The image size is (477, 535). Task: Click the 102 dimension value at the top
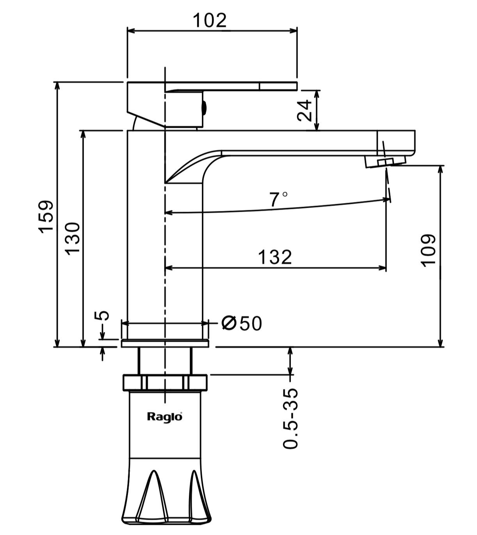(210, 20)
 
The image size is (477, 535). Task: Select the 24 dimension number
(304, 110)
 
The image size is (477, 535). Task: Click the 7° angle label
(278, 200)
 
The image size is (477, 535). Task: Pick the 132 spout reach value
(275, 257)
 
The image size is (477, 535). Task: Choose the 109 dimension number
(428, 250)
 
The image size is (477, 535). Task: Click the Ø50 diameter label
(241, 323)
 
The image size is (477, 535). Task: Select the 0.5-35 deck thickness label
(291, 418)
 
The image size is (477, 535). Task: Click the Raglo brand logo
(164, 417)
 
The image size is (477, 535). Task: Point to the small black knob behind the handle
(203, 107)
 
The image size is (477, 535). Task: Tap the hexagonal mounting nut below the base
(165, 382)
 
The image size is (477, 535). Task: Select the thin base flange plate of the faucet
(165, 343)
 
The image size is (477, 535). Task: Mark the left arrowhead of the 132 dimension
(168, 268)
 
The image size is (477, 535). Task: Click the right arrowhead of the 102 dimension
(294, 30)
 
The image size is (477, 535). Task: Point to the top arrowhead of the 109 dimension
(441, 169)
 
